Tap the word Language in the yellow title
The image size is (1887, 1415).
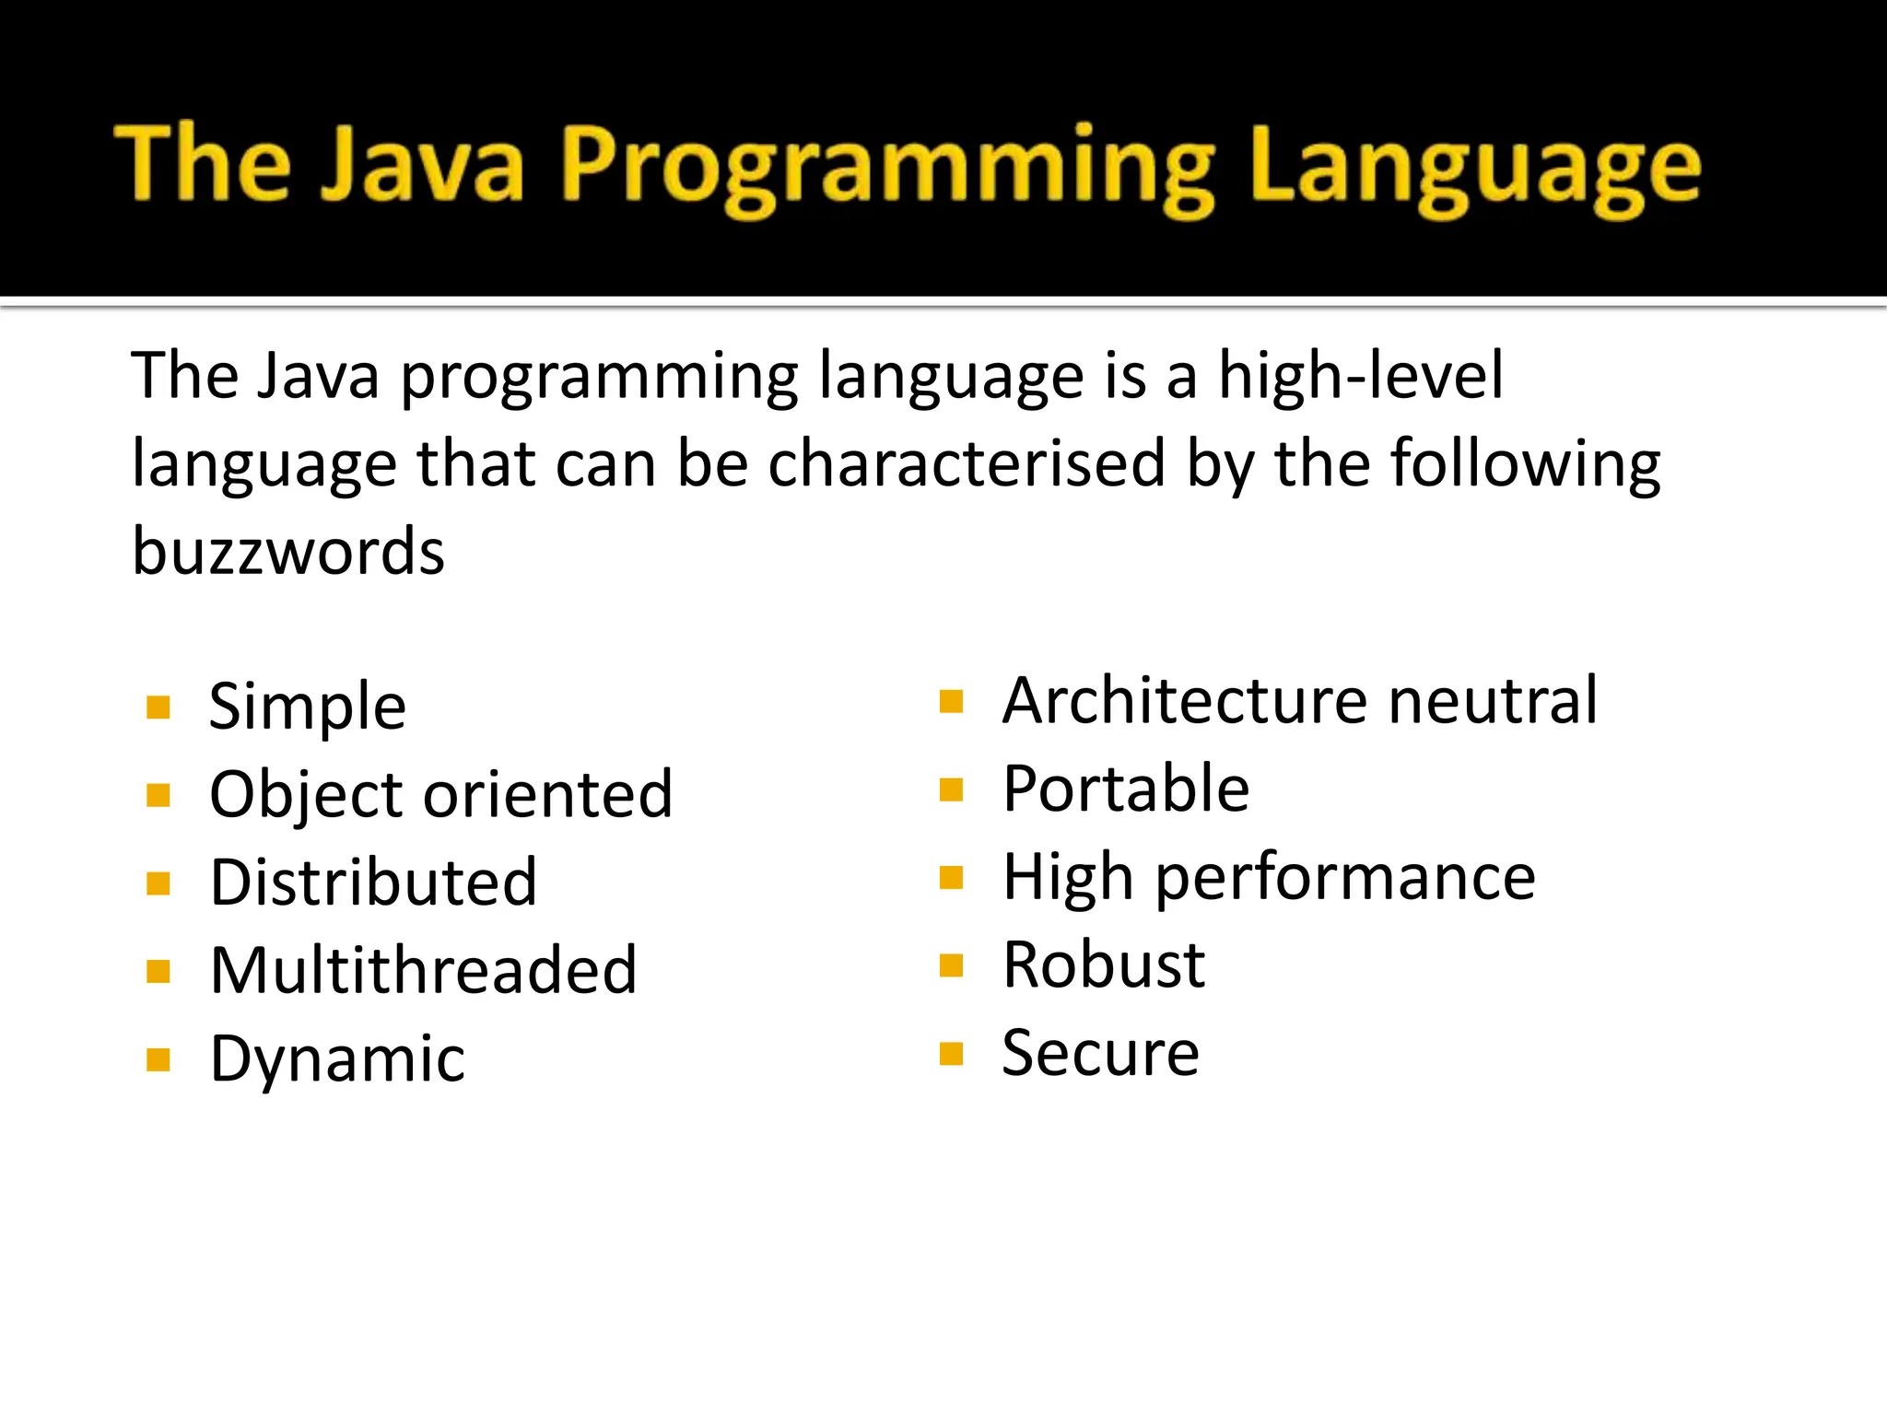1475,168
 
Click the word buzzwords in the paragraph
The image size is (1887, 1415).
288,552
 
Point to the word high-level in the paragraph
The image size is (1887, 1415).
1361,376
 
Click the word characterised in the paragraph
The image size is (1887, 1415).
967,463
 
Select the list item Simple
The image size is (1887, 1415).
307,707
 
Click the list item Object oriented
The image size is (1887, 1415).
440,795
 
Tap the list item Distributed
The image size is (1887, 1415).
373,883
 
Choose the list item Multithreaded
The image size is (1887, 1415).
423,970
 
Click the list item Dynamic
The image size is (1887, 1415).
337,1059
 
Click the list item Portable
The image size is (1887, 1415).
1126,789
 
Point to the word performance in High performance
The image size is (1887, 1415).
1345,878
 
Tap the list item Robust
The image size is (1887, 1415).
1104,965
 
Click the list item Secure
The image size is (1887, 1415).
1100,1053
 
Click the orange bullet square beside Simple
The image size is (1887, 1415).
158,707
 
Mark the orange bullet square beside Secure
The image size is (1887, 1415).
951,1053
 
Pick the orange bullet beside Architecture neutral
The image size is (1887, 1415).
951,703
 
